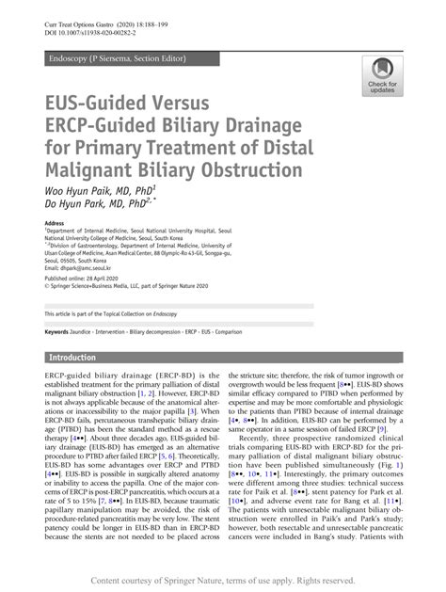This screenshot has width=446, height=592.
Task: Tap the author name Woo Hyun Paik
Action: click(81, 189)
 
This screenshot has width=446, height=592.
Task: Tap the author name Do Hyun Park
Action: click(76, 204)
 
